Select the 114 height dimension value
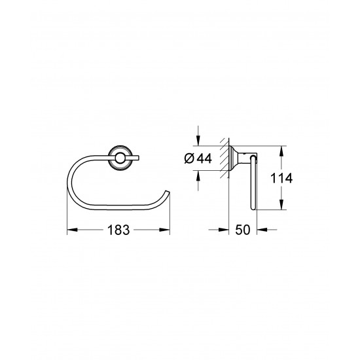pos(297,177)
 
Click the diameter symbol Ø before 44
pos(190,157)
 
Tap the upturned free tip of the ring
pos(170,191)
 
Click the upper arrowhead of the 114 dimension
pos(282,150)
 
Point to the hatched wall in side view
pos(225,157)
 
